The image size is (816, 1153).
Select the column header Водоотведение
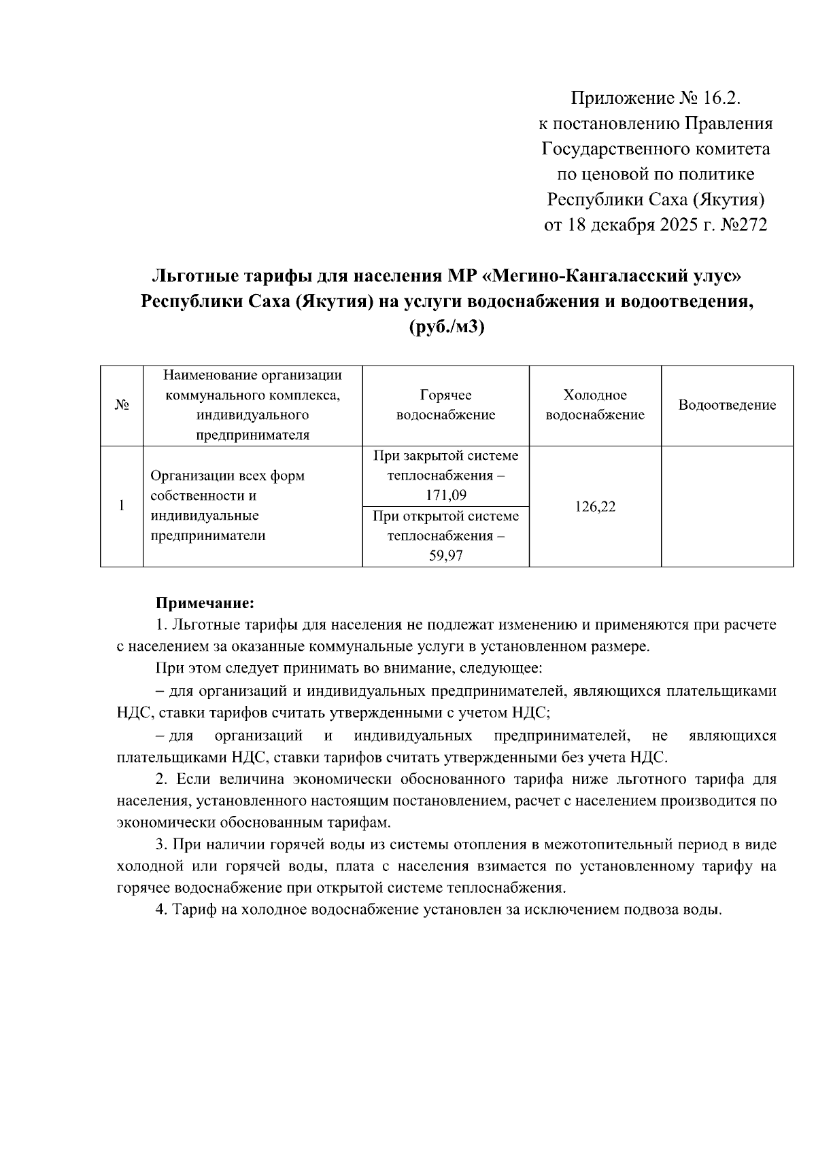click(727, 406)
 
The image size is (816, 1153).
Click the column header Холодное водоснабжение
click(595, 405)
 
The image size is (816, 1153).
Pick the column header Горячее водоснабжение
click(445, 405)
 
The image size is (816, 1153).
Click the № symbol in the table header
click(122, 406)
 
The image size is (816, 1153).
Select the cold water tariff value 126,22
click(595, 507)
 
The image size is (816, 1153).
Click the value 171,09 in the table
click(445, 495)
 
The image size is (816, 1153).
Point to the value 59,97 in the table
click(445, 556)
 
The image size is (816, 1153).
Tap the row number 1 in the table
click(122, 506)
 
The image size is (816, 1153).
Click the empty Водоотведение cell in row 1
click(727, 506)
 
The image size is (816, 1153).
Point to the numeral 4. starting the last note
click(162, 910)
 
